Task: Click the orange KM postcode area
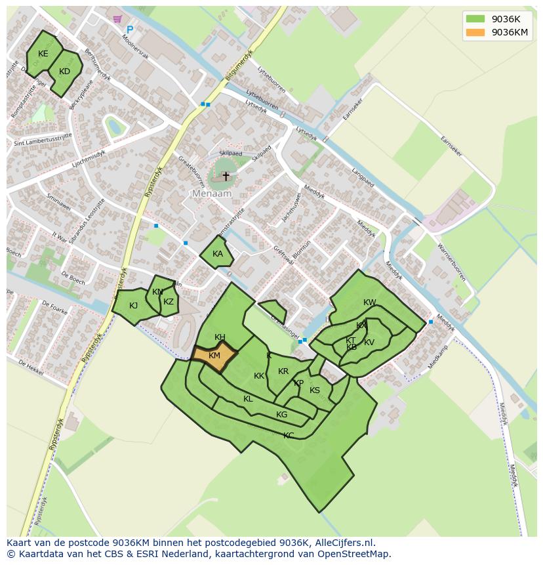tap(214, 356)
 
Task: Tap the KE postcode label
tap(43, 54)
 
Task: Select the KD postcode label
tap(64, 72)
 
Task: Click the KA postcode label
tap(218, 254)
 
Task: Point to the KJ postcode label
tap(133, 305)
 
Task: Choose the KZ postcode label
tap(169, 302)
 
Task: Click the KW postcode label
tap(370, 303)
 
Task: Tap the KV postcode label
tap(369, 343)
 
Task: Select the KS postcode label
tap(315, 390)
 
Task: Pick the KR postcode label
tap(283, 371)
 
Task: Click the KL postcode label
tap(248, 399)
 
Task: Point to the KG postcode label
tap(281, 415)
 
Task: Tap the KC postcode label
tap(289, 435)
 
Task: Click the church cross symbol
tap(226, 176)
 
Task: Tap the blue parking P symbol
tap(130, 30)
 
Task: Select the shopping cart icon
tap(117, 19)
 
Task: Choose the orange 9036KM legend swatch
tap(475, 32)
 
